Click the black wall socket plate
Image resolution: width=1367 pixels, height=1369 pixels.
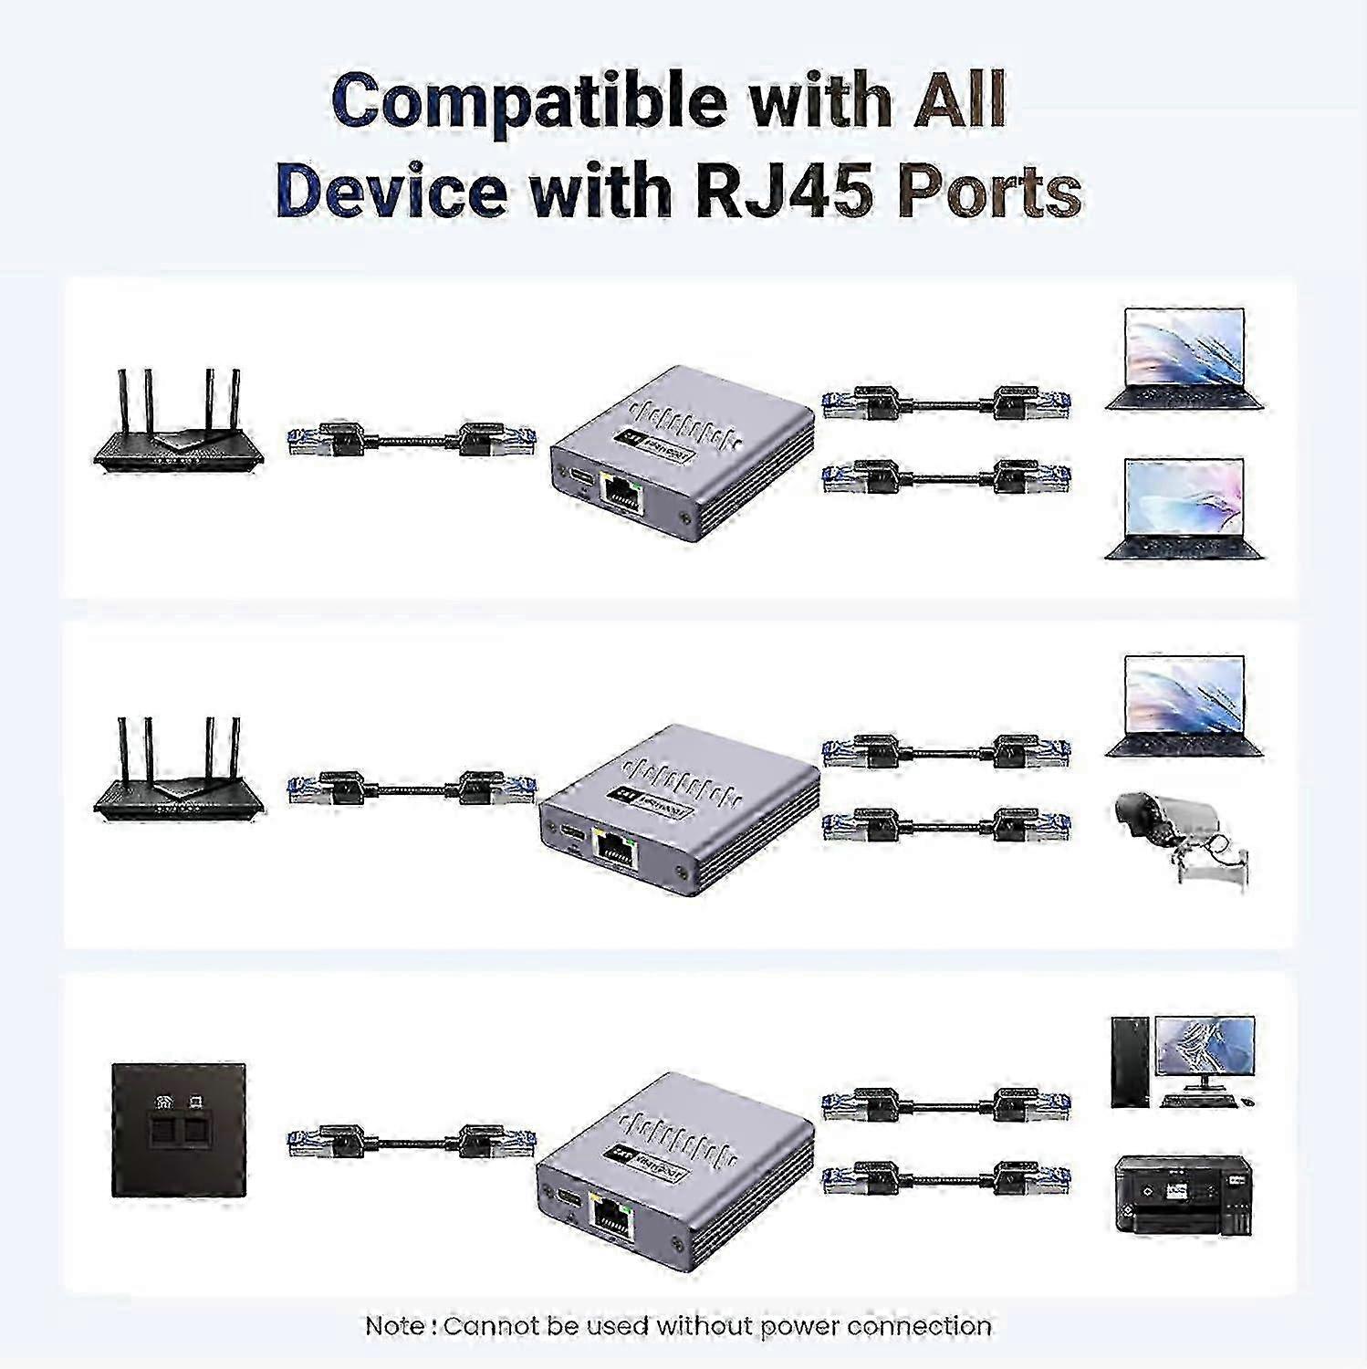coord(178,1130)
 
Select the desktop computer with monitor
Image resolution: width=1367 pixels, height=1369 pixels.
coord(1183,1061)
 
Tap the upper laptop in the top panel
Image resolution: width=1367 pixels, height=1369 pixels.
coord(1184,359)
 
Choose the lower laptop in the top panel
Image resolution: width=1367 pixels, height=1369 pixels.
coord(1184,508)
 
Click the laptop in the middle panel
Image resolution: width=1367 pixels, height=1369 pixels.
coord(1184,705)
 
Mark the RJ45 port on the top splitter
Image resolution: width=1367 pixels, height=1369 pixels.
coord(621,497)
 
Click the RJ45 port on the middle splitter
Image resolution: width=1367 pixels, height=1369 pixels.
coord(615,850)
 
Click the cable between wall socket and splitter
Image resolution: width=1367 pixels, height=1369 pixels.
coord(412,1142)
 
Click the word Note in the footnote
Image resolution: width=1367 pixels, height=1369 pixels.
coord(393,1325)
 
